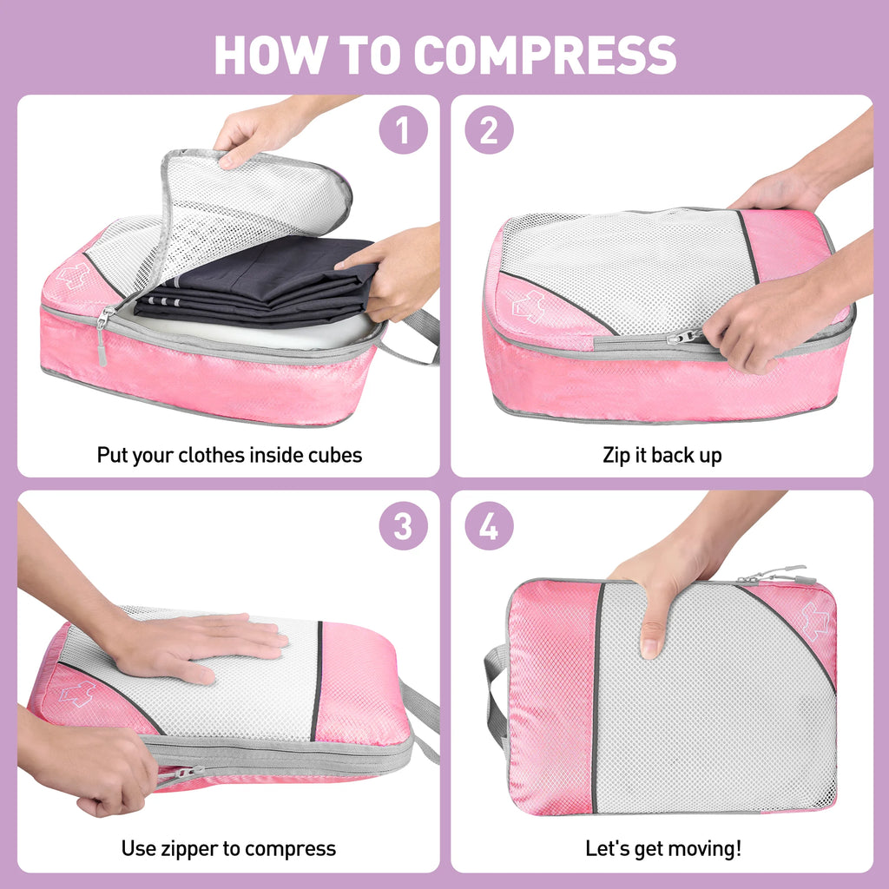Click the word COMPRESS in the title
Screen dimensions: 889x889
544,55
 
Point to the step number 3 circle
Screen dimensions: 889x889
403,525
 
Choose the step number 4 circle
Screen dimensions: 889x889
490,525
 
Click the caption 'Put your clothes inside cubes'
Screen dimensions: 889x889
229,455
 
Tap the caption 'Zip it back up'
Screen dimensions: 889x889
662,455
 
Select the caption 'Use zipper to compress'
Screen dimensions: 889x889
228,848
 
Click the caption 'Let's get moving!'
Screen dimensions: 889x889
662,848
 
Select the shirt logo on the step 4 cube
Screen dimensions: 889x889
814,622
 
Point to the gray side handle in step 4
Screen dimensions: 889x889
495,695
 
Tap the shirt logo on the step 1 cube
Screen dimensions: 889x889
76,274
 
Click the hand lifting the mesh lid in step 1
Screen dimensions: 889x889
260,130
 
